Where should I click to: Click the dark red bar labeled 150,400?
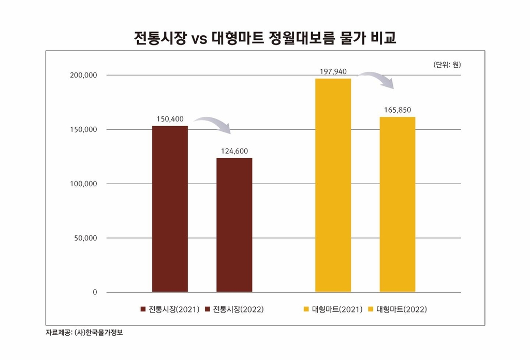point(170,209)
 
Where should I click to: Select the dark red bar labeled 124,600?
point(234,225)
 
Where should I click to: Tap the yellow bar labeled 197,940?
point(333,185)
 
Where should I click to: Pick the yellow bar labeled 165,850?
point(397,204)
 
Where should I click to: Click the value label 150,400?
point(170,119)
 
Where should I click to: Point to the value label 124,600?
point(234,151)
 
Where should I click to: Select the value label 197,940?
point(333,71)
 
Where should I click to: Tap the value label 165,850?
point(397,110)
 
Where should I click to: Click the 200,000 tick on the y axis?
point(83,76)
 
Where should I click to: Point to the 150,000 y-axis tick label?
point(83,130)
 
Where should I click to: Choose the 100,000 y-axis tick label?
point(83,184)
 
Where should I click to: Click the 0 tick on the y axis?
point(95,293)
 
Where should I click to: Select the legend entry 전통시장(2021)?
point(170,309)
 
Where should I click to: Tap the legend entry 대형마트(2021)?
point(333,309)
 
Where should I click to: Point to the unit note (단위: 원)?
point(446,65)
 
